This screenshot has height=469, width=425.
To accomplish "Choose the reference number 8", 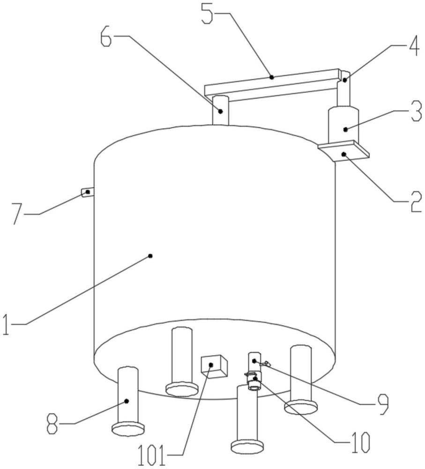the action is [52, 424].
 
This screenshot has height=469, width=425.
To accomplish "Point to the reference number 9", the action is [382, 403].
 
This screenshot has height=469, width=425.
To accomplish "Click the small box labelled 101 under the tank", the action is [214, 366].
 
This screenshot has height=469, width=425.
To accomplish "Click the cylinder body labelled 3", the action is [343, 125].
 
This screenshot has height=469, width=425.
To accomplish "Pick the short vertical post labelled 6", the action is [220, 110].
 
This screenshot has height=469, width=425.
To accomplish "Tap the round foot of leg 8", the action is [128, 429].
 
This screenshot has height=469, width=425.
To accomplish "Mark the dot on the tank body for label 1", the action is [150, 256].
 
